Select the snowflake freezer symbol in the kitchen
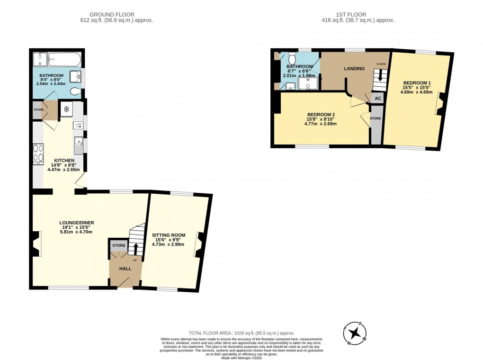pyautogui.click(x=66, y=109)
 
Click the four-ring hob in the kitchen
pyautogui.click(x=37, y=153)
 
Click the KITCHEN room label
pyautogui.click(x=63, y=160)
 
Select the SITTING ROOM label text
pyautogui.click(x=168, y=235)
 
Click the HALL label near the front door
pyautogui.click(x=125, y=269)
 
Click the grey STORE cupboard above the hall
pyautogui.click(x=119, y=245)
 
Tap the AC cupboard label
pyautogui.click(x=377, y=99)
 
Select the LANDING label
pyautogui.click(x=354, y=69)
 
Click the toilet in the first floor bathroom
pyautogui.click(x=292, y=59)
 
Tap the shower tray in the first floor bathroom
pyautogui.click(x=308, y=83)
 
